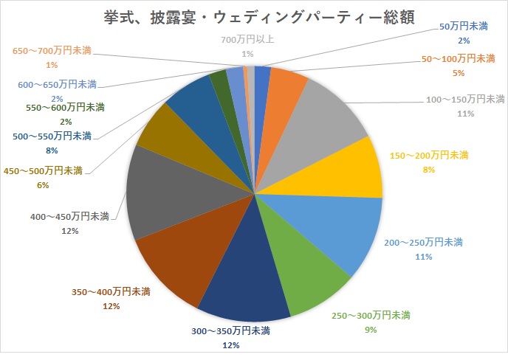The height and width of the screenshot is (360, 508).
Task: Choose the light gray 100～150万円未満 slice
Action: pyautogui.click(x=325, y=118)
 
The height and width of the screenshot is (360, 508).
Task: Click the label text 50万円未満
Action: pyautogui.click(x=464, y=26)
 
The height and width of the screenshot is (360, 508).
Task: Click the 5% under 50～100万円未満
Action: pyautogui.click(x=459, y=73)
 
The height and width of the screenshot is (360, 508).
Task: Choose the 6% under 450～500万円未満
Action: pyautogui.click(x=42, y=185)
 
